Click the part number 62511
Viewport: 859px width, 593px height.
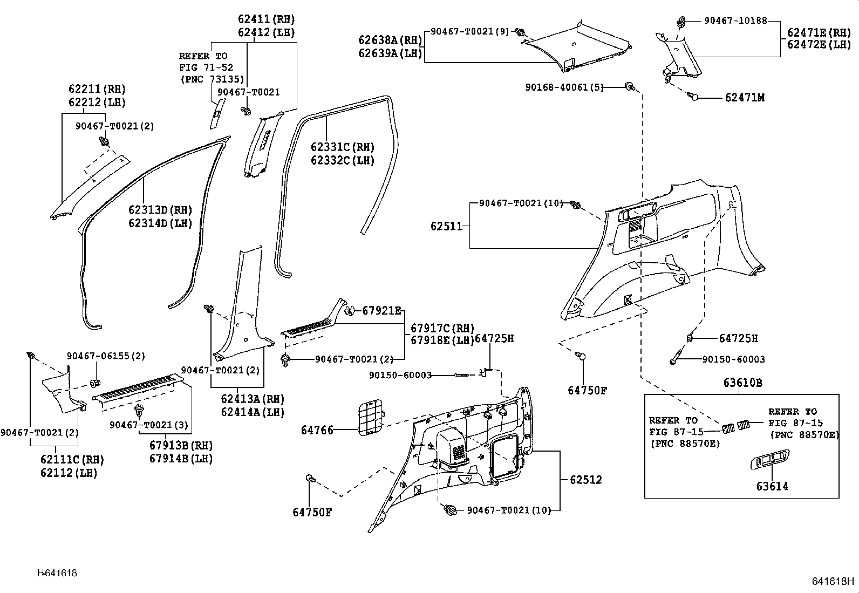tap(446, 226)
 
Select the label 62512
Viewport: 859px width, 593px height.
tap(585, 480)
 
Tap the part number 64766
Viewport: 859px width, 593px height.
tap(317, 430)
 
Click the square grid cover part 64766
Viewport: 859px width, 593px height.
tap(372, 416)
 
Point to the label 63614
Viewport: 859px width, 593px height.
tap(772, 486)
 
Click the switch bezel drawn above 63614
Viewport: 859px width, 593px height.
tap(769, 460)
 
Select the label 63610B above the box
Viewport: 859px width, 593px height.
tap(742, 383)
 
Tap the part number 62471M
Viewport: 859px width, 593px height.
tap(745, 98)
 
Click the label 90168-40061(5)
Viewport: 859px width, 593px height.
tap(564, 87)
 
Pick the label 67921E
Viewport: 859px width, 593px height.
tap(381, 310)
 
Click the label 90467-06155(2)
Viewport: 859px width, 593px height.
tap(106, 356)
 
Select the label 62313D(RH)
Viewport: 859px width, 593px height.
tap(160, 210)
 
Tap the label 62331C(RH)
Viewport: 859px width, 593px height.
tap(342, 147)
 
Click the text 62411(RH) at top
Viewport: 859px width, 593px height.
tap(266, 19)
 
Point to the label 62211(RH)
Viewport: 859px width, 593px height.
tap(97, 89)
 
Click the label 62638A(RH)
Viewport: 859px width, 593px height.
tap(390, 39)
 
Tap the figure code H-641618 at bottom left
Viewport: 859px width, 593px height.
tap(57, 573)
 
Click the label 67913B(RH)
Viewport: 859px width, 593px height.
tap(181, 446)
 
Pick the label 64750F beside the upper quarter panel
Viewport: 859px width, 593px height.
tap(587, 390)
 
